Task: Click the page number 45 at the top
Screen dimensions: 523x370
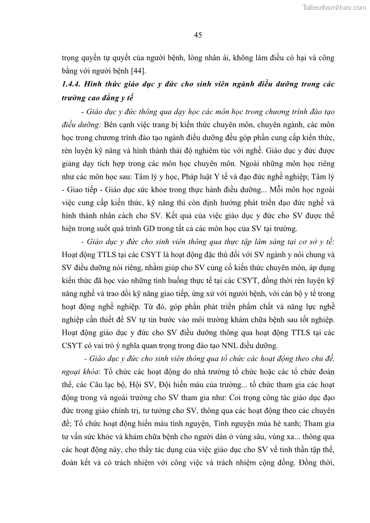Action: [x=198, y=35]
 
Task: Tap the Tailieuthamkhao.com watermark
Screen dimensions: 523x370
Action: [x=334, y=7]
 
